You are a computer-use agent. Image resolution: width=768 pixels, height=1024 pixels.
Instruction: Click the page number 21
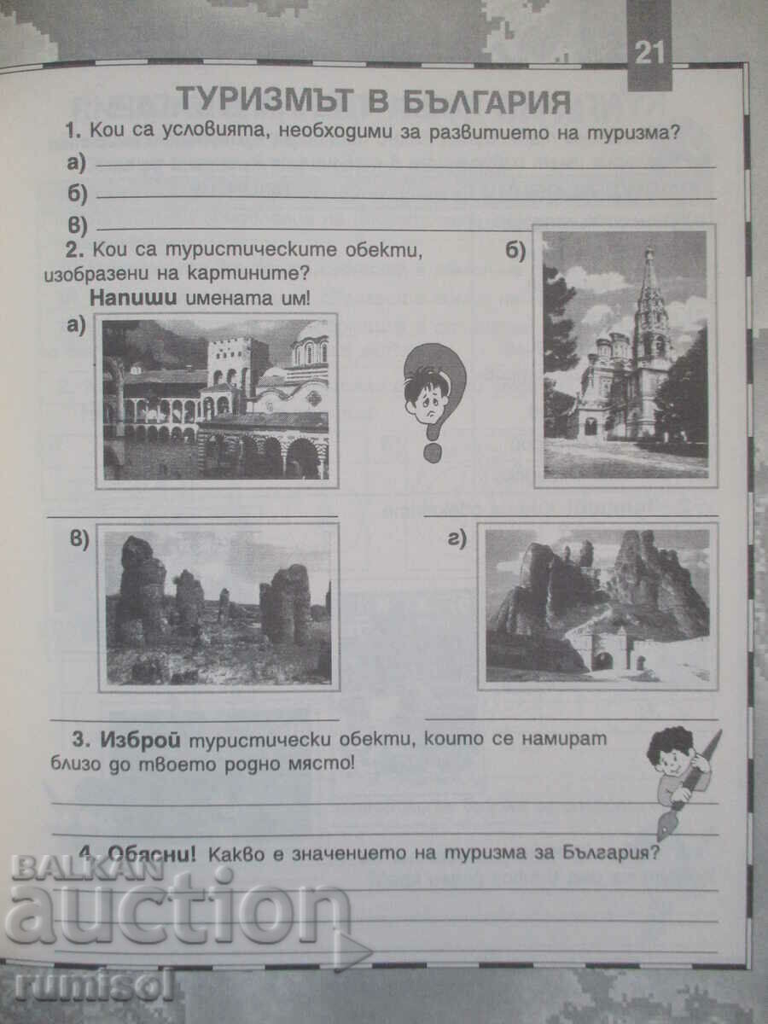[x=649, y=53]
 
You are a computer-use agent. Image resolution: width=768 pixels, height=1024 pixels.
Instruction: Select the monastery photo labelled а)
[x=216, y=399]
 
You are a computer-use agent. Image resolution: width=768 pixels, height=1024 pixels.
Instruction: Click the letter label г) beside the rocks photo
[x=457, y=538]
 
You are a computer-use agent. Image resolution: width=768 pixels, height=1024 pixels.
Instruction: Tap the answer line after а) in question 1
[x=405, y=165]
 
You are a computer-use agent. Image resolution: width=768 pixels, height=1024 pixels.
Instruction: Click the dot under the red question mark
[x=433, y=451]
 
